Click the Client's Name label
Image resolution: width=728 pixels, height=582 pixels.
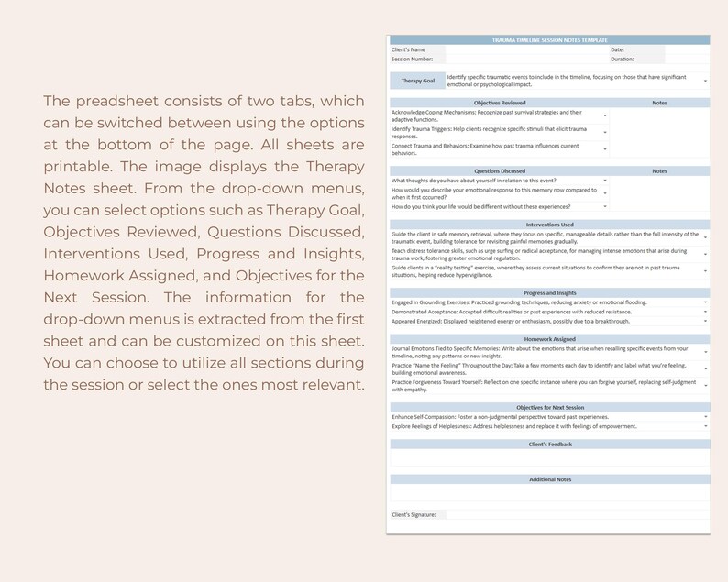pyautogui.click(x=408, y=49)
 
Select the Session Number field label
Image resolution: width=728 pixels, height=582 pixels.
pyautogui.click(x=412, y=59)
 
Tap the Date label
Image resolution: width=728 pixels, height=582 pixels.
pyautogui.click(x=617, y=49)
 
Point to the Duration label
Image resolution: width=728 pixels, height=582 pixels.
pyautogui.click(x=623, y=59)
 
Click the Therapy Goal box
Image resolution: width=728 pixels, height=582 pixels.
pyautogui.click(x=417, y=81)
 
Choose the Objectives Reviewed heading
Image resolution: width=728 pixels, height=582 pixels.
pyautogui.click(x=500, y=103)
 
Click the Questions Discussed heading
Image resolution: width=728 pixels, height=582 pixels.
pyautogui.click(x=500, y=170)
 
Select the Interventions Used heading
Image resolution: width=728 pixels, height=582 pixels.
pyautogui.click(x=549, y=225)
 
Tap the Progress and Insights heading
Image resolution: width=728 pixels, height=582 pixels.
pyautogui.click(x=549, y=292)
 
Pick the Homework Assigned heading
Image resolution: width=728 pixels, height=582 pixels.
pyautogui.click(x=549, y=339)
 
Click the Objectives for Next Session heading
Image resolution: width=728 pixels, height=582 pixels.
pyautogui.click(x=549, y=407)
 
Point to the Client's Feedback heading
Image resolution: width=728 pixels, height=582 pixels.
pyautogui.click(x=549, y=445)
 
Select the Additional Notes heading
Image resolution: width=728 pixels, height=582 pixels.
pyautogui.click(x=549, y=479)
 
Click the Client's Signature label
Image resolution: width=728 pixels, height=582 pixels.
pyautogui.click(x=414, y=515)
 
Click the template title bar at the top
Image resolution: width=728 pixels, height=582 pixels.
pyautogui.click(x=549, y=40)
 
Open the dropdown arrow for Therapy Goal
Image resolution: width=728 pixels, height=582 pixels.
pyautogui.click(x=705, y=82)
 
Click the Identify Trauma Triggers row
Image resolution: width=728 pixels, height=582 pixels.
pyautogui.click(x=495, y=133)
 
